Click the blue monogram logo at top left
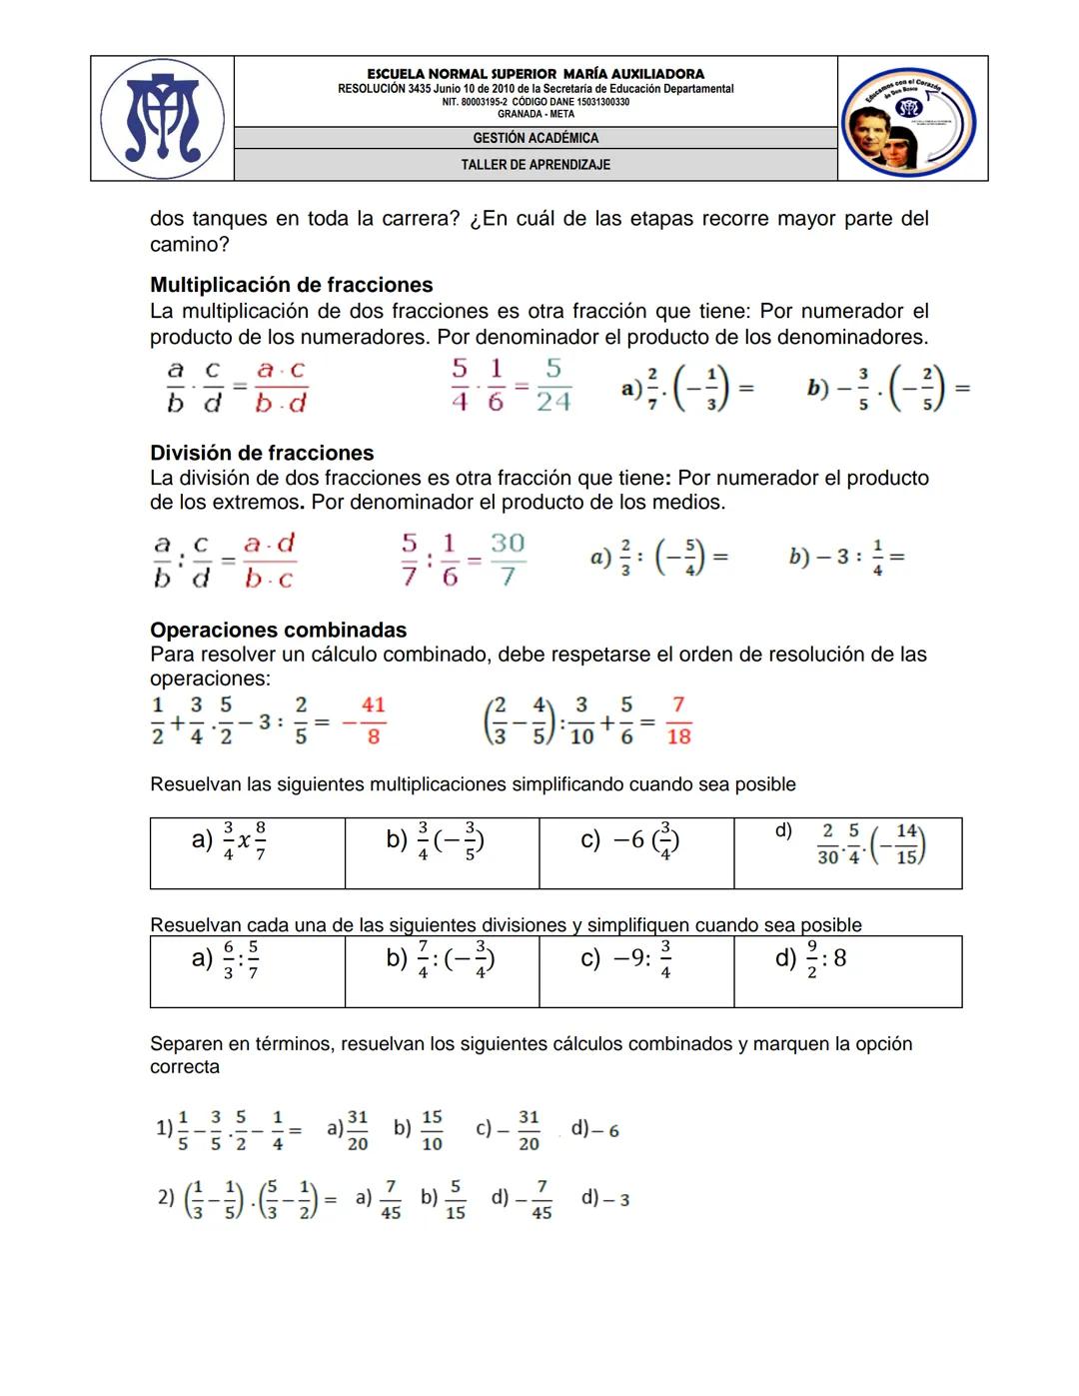163,118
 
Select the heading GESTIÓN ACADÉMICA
536,138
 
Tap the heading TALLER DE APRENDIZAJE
536,164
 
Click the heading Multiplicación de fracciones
291,285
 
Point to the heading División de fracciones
262,453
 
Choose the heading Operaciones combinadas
278,630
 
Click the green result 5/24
553,386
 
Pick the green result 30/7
508,559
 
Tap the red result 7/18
678,720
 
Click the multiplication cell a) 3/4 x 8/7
247,852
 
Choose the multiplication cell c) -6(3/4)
635,852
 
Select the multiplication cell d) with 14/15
847,852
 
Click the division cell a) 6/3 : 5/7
247,970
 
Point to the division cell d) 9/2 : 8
847,970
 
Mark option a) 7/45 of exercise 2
380,1198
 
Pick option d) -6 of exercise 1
595,1130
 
